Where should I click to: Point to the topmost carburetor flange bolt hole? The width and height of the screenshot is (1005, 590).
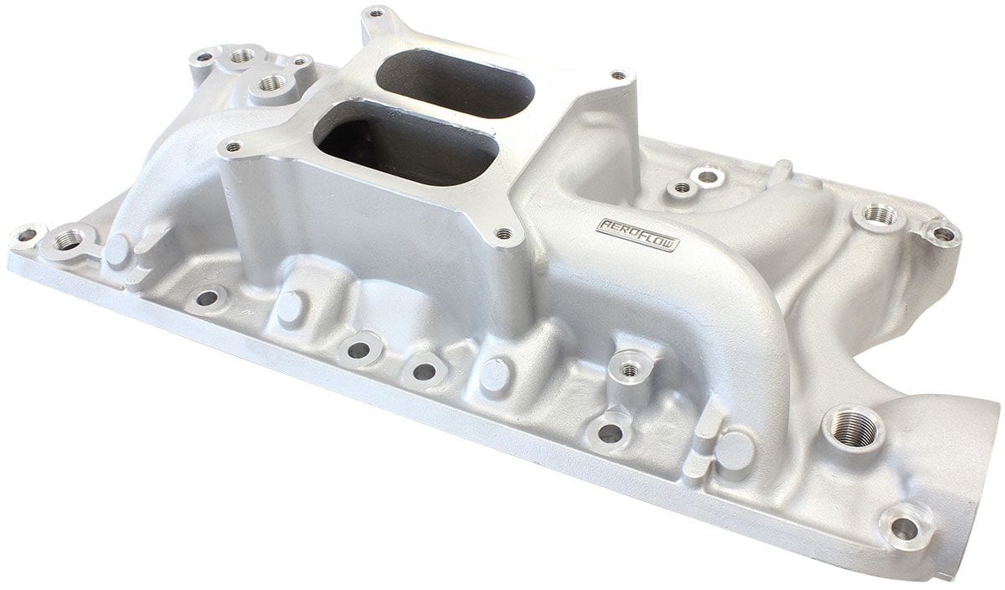point(374,13)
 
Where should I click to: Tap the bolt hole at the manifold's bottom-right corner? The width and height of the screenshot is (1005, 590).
point(904,528)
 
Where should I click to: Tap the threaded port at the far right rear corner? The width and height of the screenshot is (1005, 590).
point(877,215)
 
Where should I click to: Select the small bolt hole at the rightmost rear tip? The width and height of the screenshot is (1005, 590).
point(943,233)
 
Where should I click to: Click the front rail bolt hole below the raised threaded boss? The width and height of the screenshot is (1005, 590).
point(611,433)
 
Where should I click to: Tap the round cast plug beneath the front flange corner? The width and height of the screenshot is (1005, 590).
point(493,375)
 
